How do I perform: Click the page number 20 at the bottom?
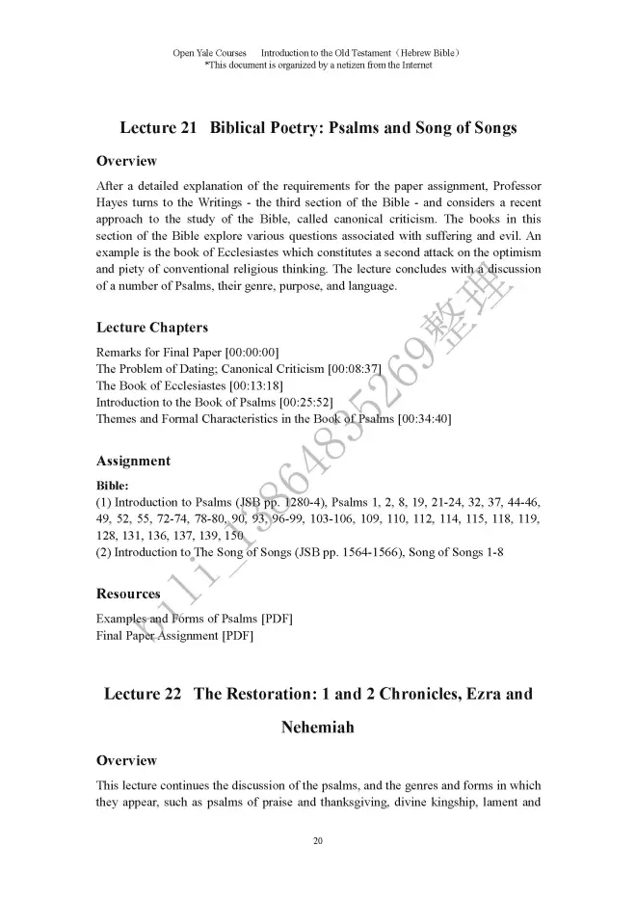(318, 842)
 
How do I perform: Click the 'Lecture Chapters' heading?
(151, 329)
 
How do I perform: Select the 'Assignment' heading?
(133, 461)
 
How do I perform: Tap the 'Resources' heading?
(128, 594)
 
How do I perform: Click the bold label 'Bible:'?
(112, 486)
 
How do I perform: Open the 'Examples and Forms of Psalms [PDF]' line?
(194, 618)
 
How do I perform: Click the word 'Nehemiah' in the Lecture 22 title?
(317, 727)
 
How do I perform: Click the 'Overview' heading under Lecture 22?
(126, 761)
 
